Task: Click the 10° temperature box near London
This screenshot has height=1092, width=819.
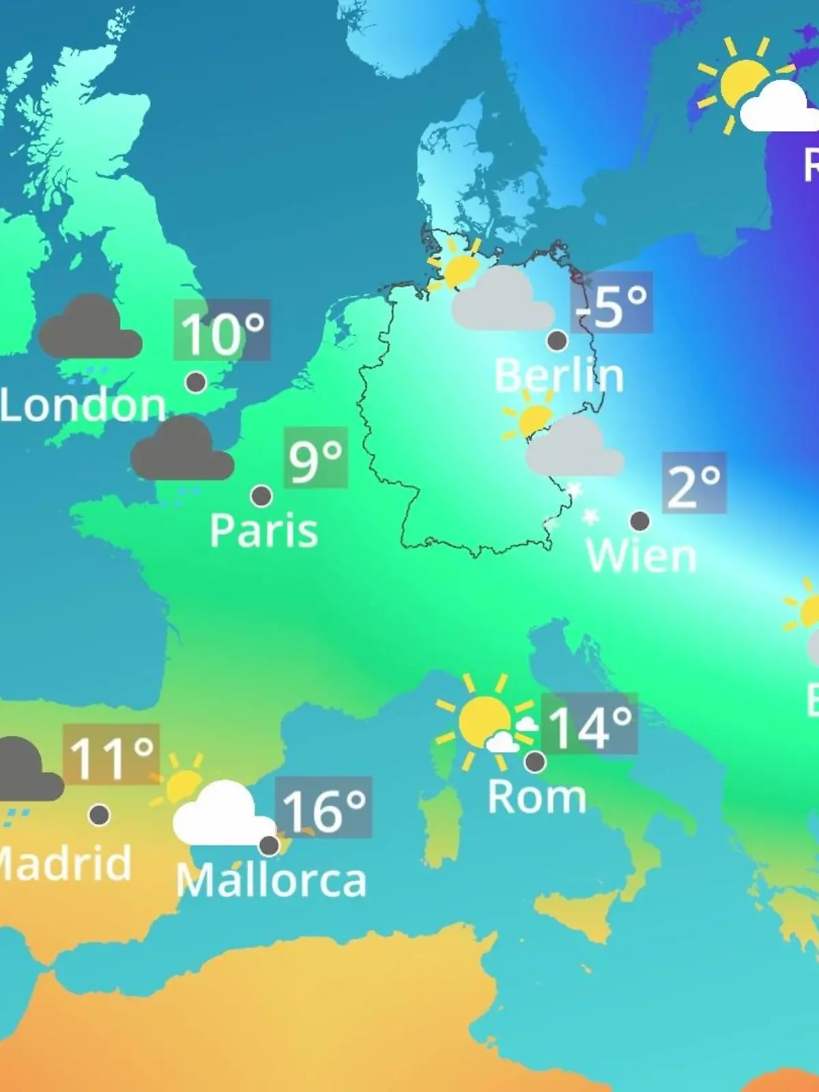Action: coord(222,331)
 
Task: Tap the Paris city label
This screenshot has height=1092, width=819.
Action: coord(263,531)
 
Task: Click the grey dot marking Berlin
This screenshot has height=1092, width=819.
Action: coord(557,340)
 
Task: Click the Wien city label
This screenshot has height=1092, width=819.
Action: coord(641,556)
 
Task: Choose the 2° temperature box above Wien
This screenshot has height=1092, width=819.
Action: coord(693,483)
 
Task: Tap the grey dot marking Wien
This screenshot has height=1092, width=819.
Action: coord(640,521)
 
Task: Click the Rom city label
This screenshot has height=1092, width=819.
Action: coord(537,797)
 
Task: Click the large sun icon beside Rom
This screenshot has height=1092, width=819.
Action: coord(482,720)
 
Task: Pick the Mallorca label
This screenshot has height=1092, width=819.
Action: coord(271,880)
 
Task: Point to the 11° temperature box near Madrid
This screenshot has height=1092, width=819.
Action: coord(111,756)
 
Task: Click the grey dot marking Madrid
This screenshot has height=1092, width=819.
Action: coord(99,815)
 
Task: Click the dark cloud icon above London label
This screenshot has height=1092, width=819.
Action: coord(90,329)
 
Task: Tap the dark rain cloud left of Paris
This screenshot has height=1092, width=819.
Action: coord(182,450)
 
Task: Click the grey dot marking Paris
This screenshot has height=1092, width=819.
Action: coord(261,495)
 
